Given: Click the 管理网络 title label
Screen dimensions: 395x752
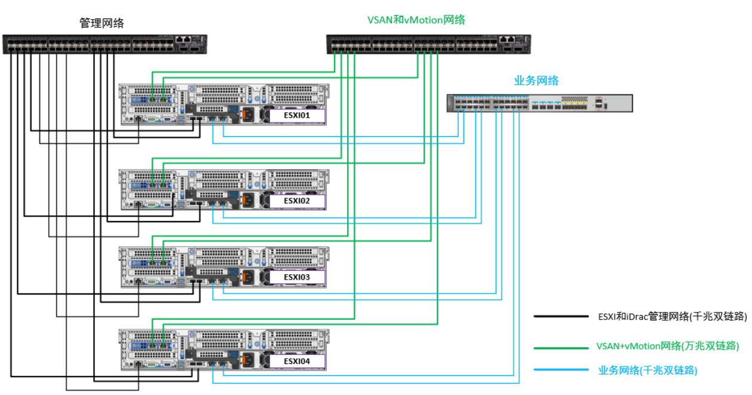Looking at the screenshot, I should click(102, 23).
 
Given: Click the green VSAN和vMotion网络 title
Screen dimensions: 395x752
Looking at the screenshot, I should click(416, 20).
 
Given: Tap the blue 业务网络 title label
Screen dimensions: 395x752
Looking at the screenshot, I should click(536, 81).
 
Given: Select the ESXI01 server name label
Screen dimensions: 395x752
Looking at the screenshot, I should click(297, 115).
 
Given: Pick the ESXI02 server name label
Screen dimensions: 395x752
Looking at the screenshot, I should click(297, 201).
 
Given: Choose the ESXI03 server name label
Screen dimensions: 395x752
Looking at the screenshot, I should click(297, 277).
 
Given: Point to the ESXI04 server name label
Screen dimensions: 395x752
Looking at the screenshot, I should click(297, 361).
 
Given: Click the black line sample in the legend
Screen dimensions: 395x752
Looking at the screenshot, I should click(560, 317).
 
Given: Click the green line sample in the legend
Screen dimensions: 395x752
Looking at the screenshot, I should click(560, 347).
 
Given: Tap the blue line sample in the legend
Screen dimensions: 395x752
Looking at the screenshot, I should click(560, 370).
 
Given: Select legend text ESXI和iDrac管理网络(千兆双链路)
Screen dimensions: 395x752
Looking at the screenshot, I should click(672, 317).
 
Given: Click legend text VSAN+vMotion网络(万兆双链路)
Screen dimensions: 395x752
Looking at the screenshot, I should click(668, 346).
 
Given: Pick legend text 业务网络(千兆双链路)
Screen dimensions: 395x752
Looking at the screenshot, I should click(647, 370).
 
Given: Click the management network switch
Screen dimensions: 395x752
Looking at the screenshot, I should click(105, 44).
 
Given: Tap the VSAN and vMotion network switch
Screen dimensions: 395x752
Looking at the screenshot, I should click(429, 44).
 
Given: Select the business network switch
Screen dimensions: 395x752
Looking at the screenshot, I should click(539, 103).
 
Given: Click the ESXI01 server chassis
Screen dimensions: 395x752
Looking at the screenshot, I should click(225, 105).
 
